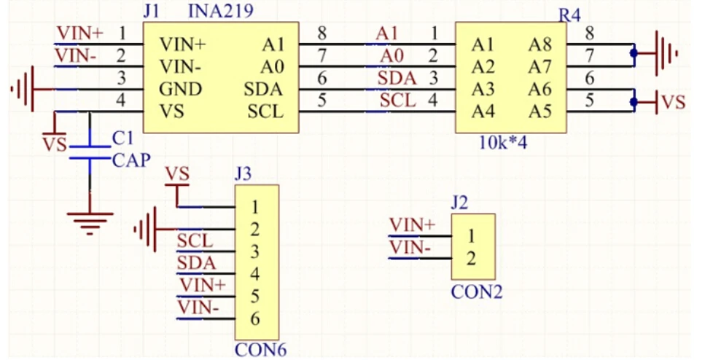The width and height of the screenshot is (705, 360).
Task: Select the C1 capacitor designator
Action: click(x=122, y=138)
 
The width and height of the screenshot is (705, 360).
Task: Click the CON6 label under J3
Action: click(x=260, y=351)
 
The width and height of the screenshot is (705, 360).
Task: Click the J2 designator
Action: click(x=459, y=202)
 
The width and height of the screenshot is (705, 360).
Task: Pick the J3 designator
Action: click(x=244, y=173)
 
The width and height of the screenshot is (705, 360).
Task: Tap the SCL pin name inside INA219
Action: click(x=265, y=111)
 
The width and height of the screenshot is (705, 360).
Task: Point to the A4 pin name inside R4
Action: click(x=483, y=111)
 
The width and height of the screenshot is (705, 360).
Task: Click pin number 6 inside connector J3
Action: click(x=255, y=319)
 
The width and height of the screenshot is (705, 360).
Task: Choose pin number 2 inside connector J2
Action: click(x=472, y=258)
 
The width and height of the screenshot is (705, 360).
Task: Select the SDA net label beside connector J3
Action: click(x=195, y=262)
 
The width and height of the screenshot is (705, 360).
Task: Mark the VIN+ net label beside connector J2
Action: click(x=412, y=224)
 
